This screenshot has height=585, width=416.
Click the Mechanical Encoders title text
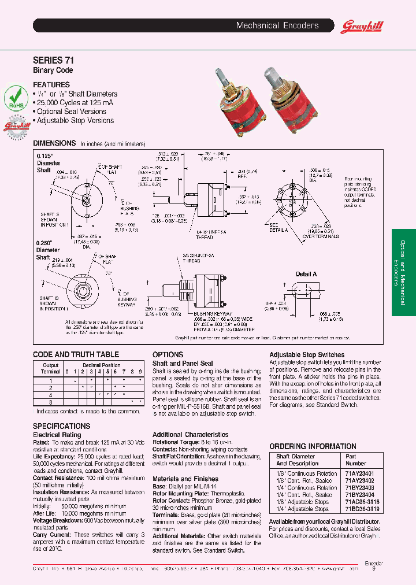point(277,26)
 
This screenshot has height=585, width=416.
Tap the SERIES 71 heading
point(53,60)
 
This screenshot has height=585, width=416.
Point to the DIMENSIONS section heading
point(54,143)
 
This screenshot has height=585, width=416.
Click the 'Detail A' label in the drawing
point(306,274)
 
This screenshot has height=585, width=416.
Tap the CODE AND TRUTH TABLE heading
point(76,354)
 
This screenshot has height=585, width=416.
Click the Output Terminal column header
point(50,368)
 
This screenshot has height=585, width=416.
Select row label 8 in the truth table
point(50,401)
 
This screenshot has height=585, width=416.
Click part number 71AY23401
point(359,473)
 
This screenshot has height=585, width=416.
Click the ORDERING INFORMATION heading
point(313,446)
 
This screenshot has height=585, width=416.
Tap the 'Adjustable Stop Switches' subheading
point(306,355)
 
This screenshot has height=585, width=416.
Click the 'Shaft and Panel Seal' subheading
point(182,363)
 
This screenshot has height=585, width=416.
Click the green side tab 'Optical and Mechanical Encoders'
point(403,272)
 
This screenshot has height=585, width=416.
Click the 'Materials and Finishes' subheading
point(185,479)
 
